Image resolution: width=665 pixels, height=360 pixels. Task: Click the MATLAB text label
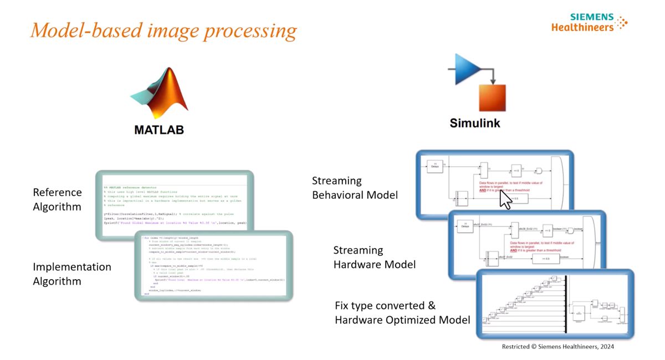(x=158, y=130)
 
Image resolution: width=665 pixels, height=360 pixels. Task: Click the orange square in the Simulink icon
(x=492, y=99)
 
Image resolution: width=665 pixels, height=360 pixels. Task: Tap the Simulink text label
(x=474, y=123)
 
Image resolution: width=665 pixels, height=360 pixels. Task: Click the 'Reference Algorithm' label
(x=57, y=199)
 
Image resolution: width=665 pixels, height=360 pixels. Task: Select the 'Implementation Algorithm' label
(x=72, y=274)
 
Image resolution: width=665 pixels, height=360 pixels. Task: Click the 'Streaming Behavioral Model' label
(x=355, y=188)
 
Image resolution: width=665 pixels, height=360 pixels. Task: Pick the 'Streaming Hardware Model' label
(x=374, y=258)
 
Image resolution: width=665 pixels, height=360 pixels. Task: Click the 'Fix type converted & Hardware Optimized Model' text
(x=402, y=312)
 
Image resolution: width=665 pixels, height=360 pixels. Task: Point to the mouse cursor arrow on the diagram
(x=505, y=199)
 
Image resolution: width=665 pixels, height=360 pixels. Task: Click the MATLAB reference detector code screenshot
(x=174, y=205)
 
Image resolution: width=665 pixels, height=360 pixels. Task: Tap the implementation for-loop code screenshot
(x=214, y=266)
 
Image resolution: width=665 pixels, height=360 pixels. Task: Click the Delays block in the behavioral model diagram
(x=435, y=166)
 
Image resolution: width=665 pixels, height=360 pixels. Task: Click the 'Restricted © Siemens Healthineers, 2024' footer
(x=557, y=347)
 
